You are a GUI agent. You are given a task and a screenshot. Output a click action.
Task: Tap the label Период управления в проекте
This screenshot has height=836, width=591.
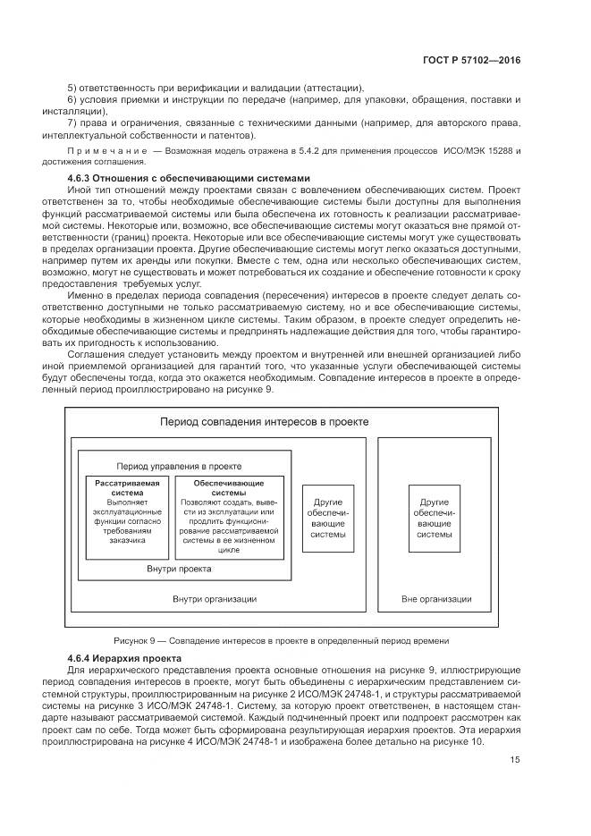click(x=180, y=466)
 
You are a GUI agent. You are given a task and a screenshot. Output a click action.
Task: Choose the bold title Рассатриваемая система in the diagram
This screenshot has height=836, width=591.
click(x=127, y=488)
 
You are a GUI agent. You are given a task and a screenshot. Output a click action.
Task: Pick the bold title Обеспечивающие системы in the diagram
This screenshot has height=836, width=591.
click(x=229, y=488)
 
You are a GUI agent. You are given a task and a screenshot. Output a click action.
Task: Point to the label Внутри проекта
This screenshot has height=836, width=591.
click(x=178, y=569)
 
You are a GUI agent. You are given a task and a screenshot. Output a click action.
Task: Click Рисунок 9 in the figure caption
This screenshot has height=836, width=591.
click(x=135, y=640)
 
